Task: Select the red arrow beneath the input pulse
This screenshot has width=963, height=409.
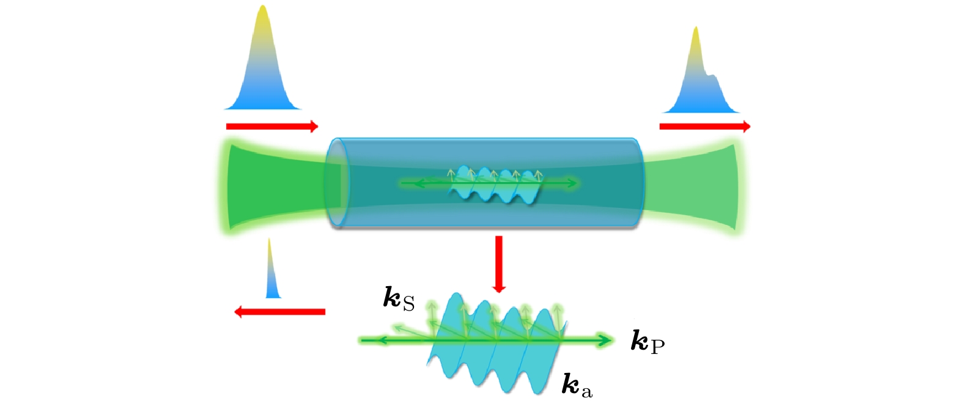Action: tap(272, 127)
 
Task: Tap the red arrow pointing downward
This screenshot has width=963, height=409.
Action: tap(498, 263)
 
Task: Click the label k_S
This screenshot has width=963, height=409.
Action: tap(399, 299)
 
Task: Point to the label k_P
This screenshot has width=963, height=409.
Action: tap(647, 343)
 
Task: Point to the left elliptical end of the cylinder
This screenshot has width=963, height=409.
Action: tap(338, 183)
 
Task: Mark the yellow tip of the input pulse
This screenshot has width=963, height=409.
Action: tap(263, 15)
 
